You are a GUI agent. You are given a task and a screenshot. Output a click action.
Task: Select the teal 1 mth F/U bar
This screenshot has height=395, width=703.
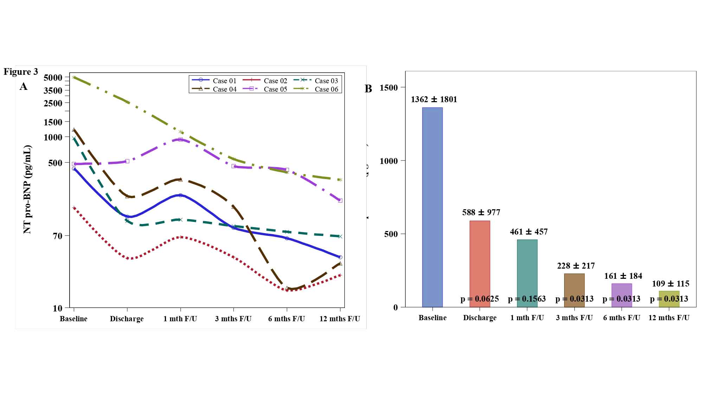527,270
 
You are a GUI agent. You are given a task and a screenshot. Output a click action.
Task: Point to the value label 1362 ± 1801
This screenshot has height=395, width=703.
434,99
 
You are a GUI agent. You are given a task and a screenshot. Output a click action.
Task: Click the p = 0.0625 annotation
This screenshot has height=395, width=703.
479,299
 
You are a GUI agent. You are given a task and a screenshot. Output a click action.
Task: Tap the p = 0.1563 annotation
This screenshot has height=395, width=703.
527,299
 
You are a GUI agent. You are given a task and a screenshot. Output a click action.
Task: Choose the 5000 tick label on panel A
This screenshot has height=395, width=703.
53,78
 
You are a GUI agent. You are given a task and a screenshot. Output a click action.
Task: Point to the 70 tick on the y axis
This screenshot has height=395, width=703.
58,236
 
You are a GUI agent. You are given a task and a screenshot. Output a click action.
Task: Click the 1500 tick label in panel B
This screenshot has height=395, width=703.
389,87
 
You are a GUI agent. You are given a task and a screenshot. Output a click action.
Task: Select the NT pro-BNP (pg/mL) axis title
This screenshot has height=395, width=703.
27,190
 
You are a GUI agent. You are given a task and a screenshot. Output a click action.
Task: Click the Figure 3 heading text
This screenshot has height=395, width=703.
21,72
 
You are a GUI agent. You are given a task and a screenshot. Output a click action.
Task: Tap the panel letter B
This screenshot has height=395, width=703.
368,89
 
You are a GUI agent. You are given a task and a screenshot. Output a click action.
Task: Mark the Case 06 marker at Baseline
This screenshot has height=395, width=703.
74,77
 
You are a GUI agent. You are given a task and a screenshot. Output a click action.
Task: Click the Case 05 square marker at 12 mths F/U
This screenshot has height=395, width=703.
340,200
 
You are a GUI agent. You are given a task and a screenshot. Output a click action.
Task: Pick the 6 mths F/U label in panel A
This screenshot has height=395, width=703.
286,319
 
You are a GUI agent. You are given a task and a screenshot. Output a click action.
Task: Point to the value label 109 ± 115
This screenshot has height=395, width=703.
670,284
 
